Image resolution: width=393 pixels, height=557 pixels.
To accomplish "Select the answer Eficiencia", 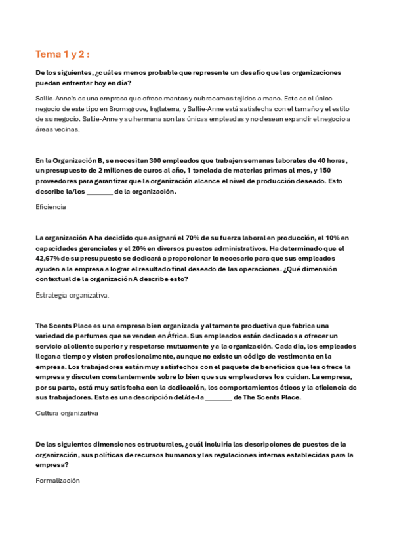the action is (x=51, y=206).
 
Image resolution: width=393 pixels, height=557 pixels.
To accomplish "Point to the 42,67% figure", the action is (x=49, y=259).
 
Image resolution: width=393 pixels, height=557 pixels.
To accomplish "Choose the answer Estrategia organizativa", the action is (x=72, y=296).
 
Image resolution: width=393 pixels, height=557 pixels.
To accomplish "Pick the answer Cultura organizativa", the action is (x=66, y=413).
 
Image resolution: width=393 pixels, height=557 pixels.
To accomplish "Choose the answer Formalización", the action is (x=58, y=481).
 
